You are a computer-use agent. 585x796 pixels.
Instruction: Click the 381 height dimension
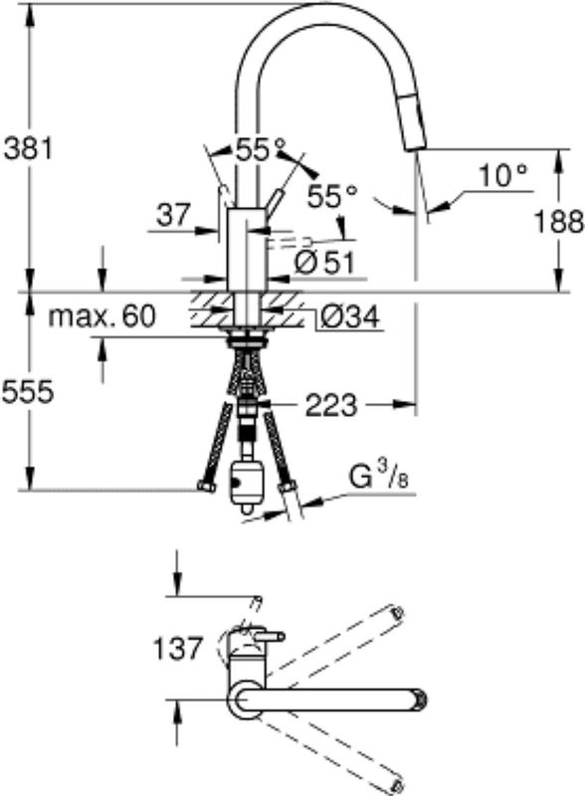[28, 149]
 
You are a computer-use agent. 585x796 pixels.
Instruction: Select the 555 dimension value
[28, 392]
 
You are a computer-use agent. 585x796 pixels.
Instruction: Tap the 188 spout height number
[559, 222]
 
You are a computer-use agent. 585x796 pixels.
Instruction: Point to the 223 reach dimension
[331, 405]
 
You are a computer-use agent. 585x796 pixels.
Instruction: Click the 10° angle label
[502, 176]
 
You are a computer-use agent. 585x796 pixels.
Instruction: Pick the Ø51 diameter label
[324, 263]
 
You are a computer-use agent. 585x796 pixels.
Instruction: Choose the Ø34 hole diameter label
[350, 317]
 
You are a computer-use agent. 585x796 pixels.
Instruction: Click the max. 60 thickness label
[102, 316]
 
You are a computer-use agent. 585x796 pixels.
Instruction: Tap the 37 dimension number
[173, 215]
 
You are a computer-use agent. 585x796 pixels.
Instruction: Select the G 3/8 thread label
[379, 478]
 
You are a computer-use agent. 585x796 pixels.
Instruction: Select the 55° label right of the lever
[332, 195]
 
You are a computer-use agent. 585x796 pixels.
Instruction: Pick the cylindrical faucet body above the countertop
[247, 250]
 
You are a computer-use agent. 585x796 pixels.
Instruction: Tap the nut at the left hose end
[206, 487]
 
